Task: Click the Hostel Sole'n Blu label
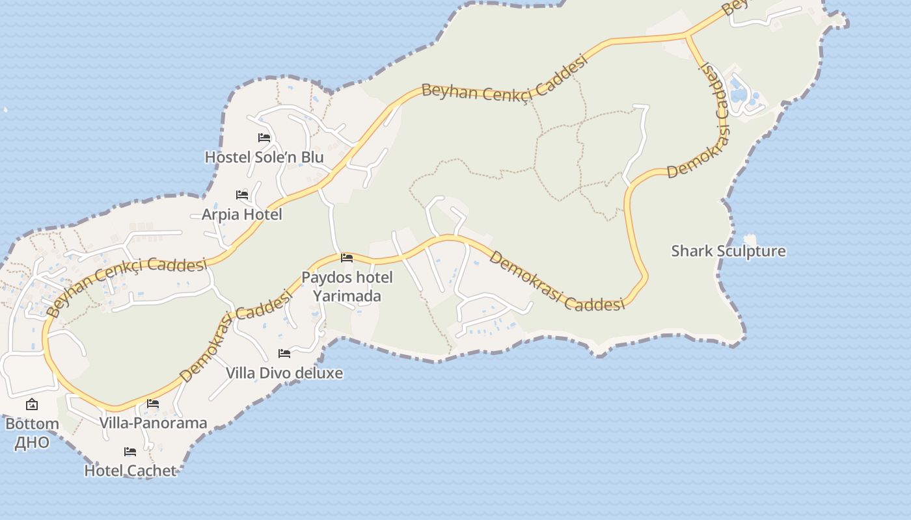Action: point(264,157)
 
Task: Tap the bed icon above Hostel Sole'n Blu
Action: point(264,138)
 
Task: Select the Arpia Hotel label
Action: point(242,214)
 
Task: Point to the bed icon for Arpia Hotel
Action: point(242,194)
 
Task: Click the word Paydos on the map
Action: point(323,278)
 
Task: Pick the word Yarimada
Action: point(347,296)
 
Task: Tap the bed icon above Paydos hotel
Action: point(347,258)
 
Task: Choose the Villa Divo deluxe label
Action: point(284,373)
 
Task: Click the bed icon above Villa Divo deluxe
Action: point(284,354)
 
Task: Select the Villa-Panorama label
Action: point(154,423)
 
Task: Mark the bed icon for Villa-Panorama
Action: point(153,404)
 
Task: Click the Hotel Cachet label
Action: point(130,471)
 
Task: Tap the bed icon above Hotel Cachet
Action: point(130,452)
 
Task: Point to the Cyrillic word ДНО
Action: point(32,443)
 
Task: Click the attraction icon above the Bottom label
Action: point(32,405)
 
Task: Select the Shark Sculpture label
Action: point(728,251)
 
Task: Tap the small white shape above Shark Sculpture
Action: point(750,240)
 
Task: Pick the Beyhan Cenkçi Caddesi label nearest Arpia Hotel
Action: point(128,286)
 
